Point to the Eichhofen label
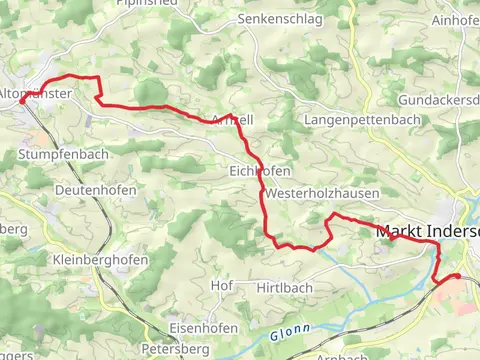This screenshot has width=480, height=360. click(x=257, y=171)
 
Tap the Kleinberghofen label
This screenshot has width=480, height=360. click(x=99, y=259)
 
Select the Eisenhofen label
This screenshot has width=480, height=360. click(x=204, y=328)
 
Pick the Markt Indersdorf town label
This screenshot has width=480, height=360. click(x=428, y=231)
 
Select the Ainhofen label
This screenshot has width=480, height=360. click(x=456, y=22)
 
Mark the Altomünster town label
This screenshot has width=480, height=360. click(x=36, y=93)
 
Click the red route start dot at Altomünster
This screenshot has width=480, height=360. click(x=22, y=101)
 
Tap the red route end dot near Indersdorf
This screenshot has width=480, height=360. click(x=457, y=276)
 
